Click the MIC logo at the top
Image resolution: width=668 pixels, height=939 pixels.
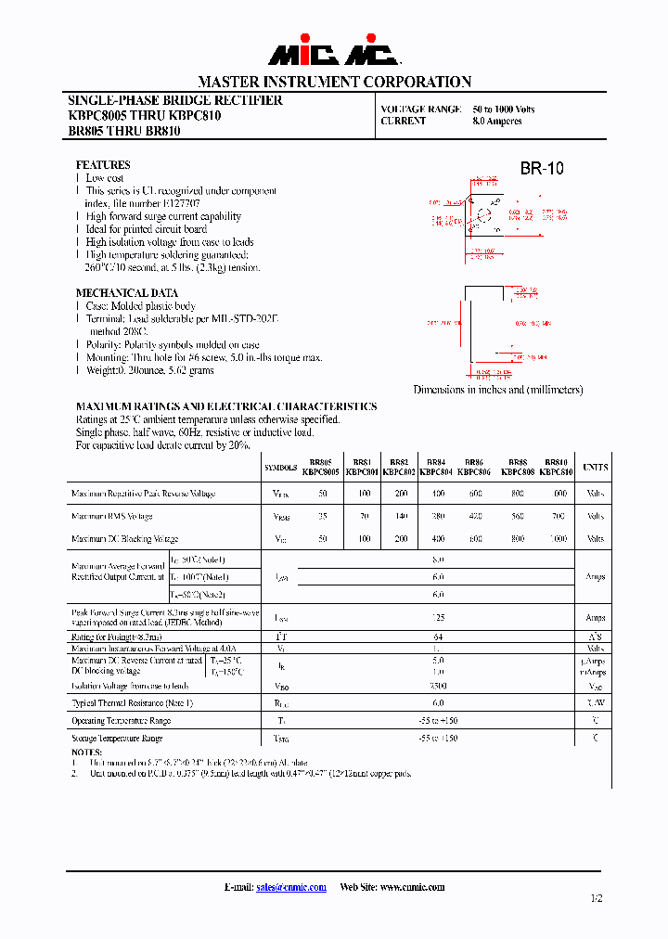(334, 53)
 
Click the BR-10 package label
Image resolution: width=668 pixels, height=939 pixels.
(541, 169)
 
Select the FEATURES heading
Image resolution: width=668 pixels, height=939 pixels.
(103, 164)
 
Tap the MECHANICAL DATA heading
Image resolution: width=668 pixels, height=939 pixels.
(126, 292)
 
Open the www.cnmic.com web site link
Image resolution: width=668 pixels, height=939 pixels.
(411, 887)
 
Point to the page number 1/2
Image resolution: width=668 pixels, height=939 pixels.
(595, 898)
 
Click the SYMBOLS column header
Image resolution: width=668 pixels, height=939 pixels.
(280, 468)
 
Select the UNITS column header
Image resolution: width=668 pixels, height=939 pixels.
(595, 468)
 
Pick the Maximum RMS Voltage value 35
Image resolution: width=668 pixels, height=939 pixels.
(323, 516)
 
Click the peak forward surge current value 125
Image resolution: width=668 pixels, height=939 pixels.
(438, 617)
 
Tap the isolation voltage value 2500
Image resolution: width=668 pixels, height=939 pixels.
(438, 686)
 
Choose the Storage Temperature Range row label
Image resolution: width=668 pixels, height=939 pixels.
(117, 739)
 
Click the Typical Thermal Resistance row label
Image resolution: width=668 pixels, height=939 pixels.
(132, 703)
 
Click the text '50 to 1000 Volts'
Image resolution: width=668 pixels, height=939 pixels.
(504, 109)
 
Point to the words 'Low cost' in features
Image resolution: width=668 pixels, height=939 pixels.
(105, 177)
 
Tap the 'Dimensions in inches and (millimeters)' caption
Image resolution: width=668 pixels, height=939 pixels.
(498, 390)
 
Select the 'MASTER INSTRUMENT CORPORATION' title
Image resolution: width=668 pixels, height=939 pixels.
(334, 81)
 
